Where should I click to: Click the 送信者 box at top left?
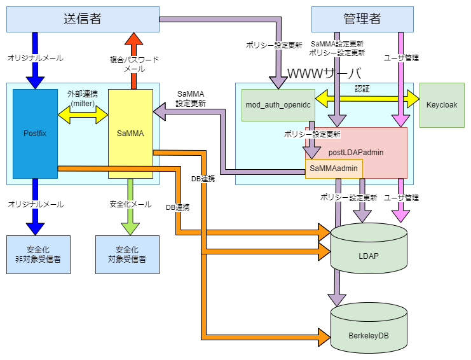[83, 19]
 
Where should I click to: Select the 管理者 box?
[362, 19]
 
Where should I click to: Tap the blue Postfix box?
[35, 134]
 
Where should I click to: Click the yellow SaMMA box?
[130, 134]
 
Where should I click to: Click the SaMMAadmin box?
[334, 169]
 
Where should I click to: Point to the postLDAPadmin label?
[355, 153]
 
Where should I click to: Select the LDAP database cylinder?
[368, 254]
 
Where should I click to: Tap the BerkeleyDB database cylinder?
[368, 331]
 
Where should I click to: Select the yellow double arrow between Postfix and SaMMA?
[83, 115]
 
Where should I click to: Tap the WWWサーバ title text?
[324, 74]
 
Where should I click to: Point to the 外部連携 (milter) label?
[83, 99]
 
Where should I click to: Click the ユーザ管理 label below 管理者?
[402, 58]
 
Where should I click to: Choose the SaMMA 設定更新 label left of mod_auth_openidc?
[191, 99]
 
